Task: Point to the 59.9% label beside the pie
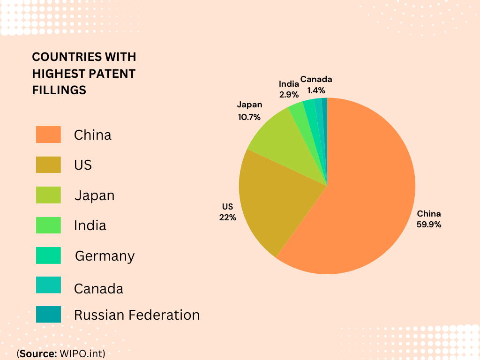point(429,225)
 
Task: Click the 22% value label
point(227,217)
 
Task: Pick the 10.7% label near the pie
point(249,117)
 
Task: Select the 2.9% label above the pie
point(289,95)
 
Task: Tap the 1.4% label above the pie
point(316,90)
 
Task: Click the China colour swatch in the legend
point(48,135)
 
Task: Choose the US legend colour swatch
point(48,165)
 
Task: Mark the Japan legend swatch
point(48,195)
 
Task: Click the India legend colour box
point(48,225)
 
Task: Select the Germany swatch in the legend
point(48,255)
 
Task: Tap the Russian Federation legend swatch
point(48,314)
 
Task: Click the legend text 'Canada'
point(98,289)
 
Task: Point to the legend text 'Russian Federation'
point(137,315)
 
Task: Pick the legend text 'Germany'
point(105,256)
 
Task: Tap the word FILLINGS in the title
point(59,90)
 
